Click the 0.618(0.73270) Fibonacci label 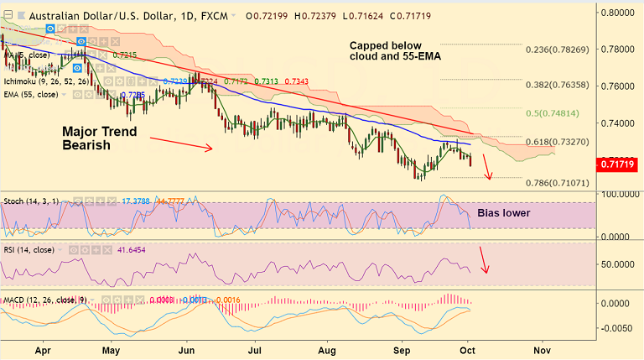(562, 142)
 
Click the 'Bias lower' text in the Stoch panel (503, 213)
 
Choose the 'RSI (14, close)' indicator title (31, 250)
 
